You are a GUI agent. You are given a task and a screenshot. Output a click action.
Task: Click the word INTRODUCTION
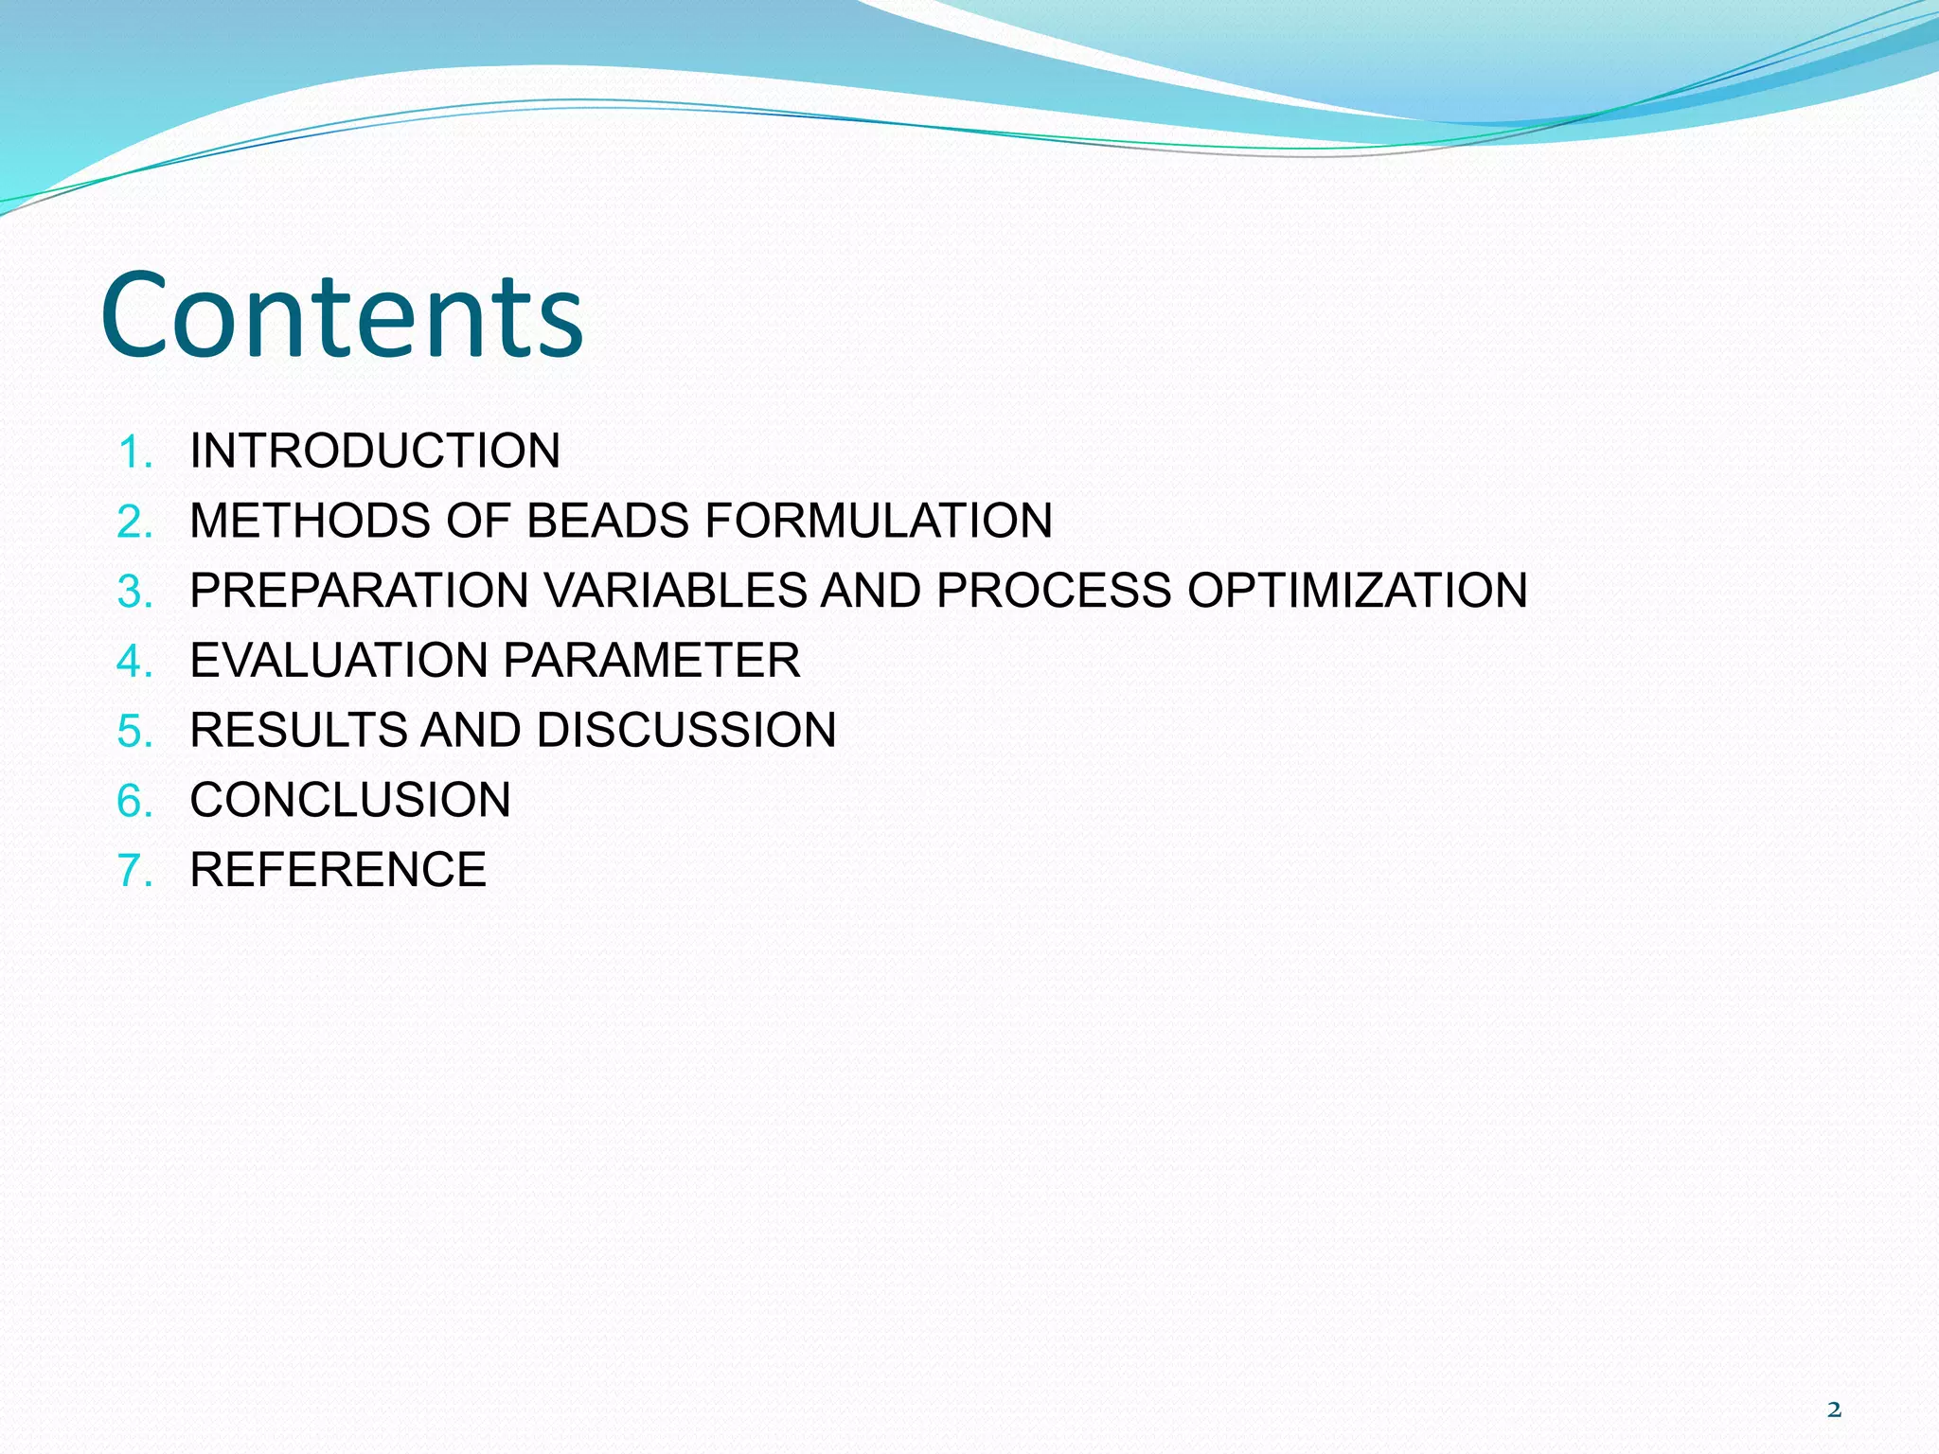(x=375, y=451)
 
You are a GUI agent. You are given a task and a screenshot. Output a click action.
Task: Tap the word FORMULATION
(x=879, y=521)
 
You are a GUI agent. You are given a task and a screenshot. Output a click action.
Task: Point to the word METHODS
(x=310, y=521)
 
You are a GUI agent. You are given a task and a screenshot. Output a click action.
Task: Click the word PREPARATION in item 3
(x=359, y=591)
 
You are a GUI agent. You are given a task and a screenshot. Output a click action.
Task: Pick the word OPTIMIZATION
(x=1358, y=591)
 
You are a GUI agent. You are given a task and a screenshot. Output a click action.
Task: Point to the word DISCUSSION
(x=686, y=730)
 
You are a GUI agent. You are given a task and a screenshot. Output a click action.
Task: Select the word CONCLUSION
(x=350, y=800)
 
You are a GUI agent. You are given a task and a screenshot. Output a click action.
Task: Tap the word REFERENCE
(x=338, y=870)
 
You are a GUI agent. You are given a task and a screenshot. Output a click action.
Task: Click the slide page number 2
(x=1834, y=1410)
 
